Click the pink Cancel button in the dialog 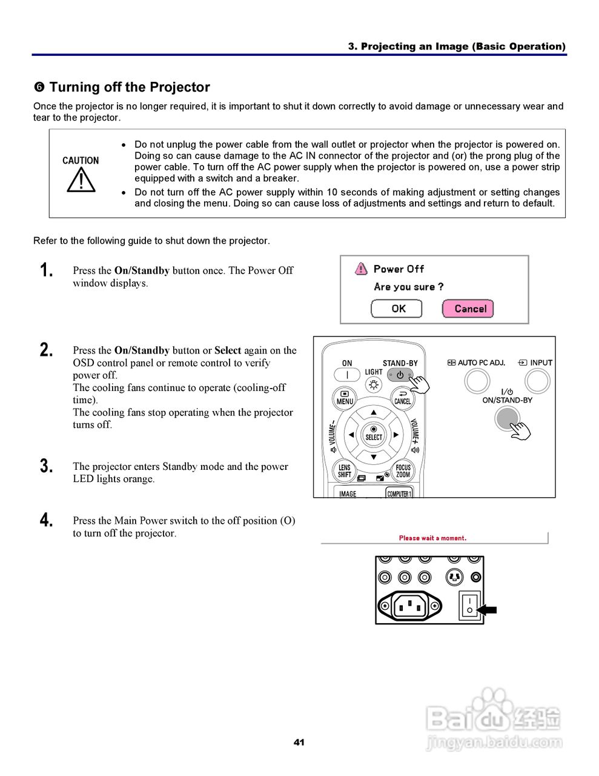[468, 309]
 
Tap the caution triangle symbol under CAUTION [81, 179]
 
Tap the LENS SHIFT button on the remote [345, 470]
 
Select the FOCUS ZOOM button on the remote [403, 470]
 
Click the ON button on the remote [347, 375]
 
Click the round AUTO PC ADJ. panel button [477, 381]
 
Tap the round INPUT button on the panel [537, 381]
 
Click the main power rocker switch [469, 604]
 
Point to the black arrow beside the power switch [487, 610]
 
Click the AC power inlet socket [410, 605]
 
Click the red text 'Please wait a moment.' [432, 538]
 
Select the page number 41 [299, 742]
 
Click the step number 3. [47, 466]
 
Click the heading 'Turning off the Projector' [130, 87]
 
